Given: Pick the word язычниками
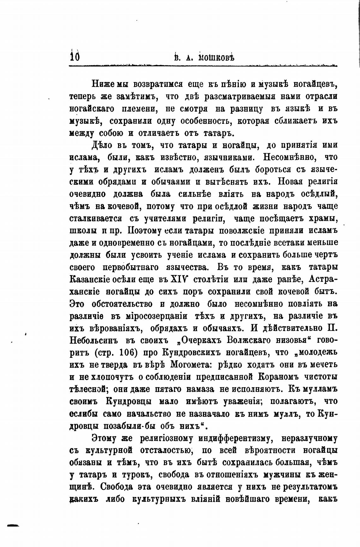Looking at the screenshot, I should tap(229, 157).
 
